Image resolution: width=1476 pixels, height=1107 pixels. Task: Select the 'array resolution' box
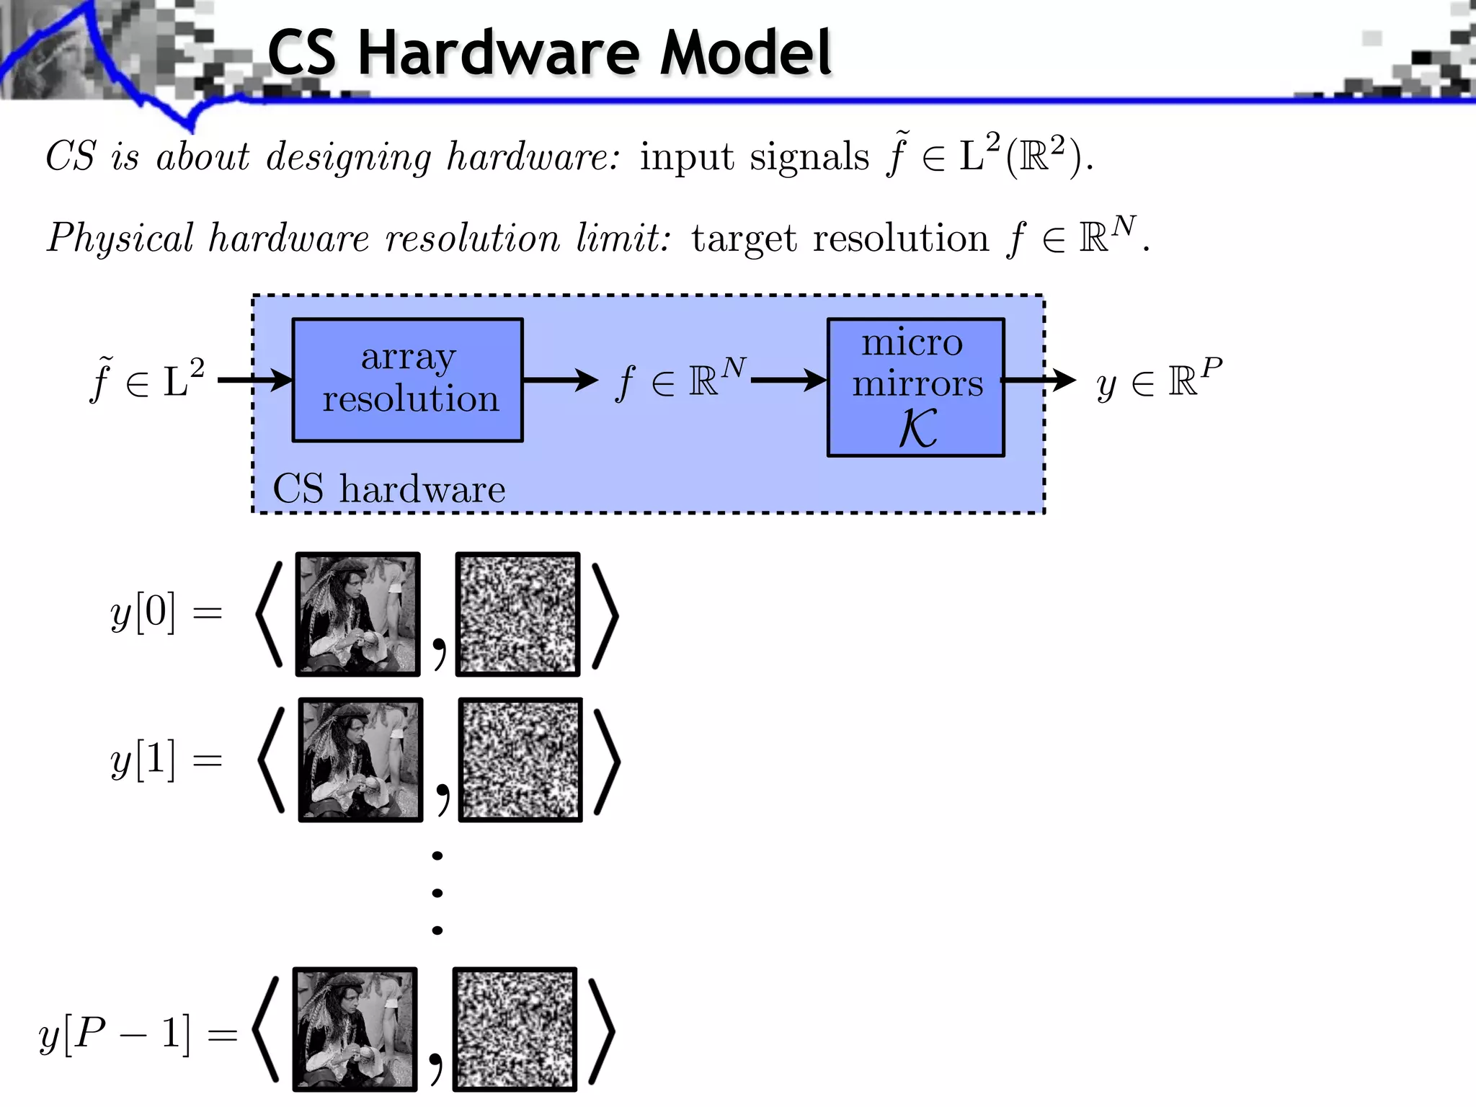tap(407, 380)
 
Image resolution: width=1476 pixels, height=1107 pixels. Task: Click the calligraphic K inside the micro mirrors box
tap(917, 429)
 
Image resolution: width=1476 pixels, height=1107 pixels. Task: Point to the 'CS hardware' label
tap(388, 489)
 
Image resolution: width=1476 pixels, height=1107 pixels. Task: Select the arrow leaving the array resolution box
tap(560, 380)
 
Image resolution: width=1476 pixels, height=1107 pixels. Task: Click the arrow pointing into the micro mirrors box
tap(789, 380)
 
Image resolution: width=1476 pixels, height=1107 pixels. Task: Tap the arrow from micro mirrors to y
tap(1039, 380)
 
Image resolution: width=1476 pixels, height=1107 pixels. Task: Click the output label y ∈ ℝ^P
tap(1159, 380)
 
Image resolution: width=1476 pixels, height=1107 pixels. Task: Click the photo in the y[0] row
tap(357, 614)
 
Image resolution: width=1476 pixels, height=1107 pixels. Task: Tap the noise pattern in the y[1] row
tap(520, 760)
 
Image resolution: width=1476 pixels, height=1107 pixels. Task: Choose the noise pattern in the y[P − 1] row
tap(515, 1029)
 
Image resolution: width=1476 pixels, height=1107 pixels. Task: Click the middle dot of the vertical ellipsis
tap(437, 893)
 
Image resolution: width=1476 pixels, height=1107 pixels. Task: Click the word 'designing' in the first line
tap(348, 156)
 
